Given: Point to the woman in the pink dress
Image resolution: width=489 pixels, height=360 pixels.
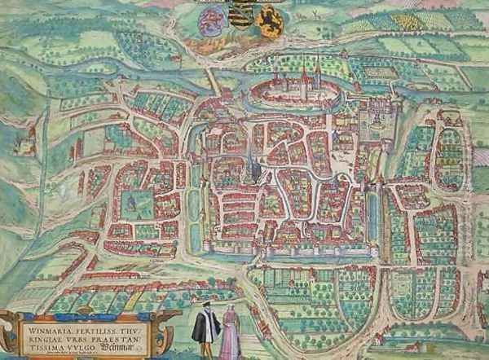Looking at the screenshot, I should pos(230,334).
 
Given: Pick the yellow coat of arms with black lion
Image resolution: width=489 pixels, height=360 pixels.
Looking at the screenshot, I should pos(271,15).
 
